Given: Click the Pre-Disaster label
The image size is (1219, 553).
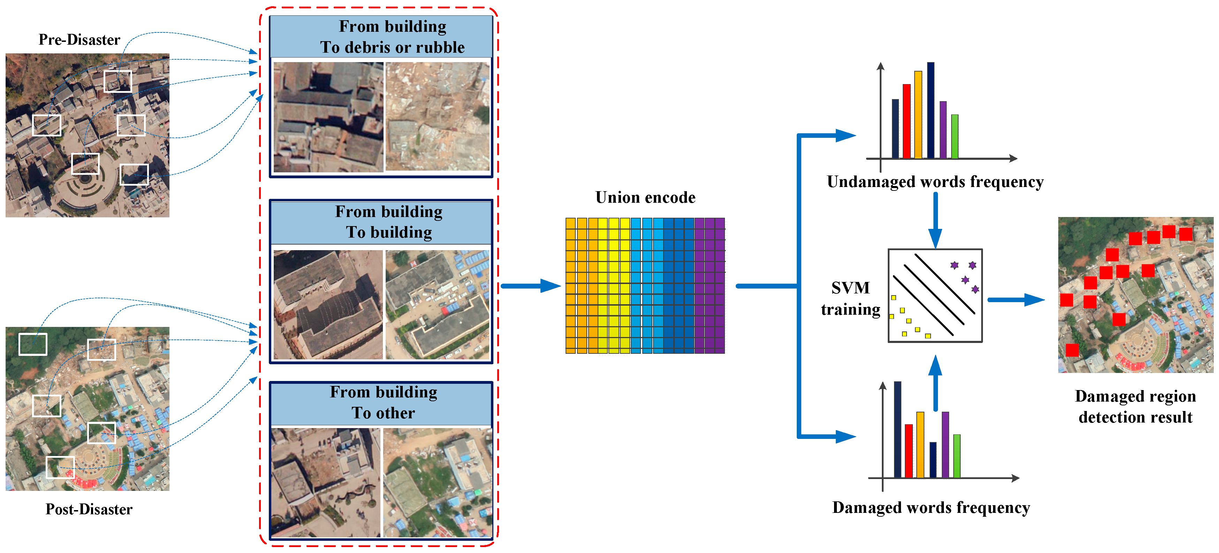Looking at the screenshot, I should (x=79, y=40).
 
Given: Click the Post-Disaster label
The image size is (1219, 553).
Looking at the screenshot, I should (x=89, y=509).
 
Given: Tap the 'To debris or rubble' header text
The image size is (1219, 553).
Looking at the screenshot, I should (x=392, y=47).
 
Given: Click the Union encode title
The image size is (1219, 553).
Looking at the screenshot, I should (x=645, y=197).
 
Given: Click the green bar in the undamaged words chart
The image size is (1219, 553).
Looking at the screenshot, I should (x=954, y=136).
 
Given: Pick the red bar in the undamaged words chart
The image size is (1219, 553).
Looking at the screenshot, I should (x=906, y=121).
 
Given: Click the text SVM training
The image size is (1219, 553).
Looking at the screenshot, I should (x=850, y=298).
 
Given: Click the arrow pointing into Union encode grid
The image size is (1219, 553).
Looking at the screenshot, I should (x=530, y=286).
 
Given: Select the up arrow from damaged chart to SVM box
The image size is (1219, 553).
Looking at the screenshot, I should (x=935, y=383).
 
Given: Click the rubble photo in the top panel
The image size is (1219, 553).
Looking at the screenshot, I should (x=437, y=117).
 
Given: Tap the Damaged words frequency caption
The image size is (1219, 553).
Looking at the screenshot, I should (x=931, y=508).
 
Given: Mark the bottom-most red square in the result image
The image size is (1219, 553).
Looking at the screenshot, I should (x=1072, y=350).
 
